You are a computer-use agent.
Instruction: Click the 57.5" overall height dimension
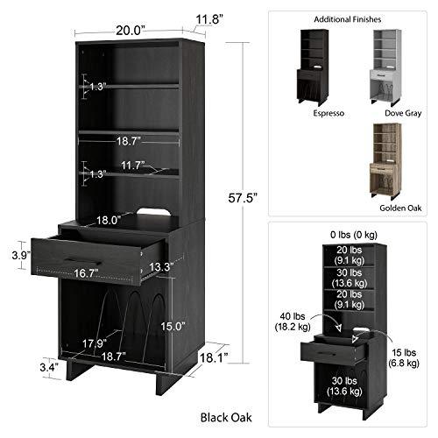pos(243,198)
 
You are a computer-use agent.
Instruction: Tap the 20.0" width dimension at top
pos(131,31)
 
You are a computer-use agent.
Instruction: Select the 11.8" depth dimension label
pos(209,20)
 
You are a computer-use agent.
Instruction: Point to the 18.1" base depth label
pos(214,357)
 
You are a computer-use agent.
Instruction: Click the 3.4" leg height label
pos(49,367)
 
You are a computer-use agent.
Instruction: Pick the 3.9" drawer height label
pos(21,255)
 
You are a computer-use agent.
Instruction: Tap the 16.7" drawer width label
pos(86,273)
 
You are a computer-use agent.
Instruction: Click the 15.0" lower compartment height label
pos(173,326)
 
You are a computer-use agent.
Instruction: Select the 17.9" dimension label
pos(95,343)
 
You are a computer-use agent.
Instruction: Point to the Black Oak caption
pos(226,418)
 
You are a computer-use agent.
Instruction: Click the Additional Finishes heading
pos(348,19)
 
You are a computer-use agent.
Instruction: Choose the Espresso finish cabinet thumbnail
pos(314,67)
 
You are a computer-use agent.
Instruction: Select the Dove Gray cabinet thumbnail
pos(386,67)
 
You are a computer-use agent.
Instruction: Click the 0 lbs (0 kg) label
pos(354,235)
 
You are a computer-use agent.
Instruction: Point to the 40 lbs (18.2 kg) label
pos(293,321)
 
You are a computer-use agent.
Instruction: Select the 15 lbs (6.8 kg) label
pos(404,357)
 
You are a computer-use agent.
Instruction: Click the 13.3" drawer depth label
pos(161,267)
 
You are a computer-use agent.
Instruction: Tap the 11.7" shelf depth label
pos(133,166)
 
